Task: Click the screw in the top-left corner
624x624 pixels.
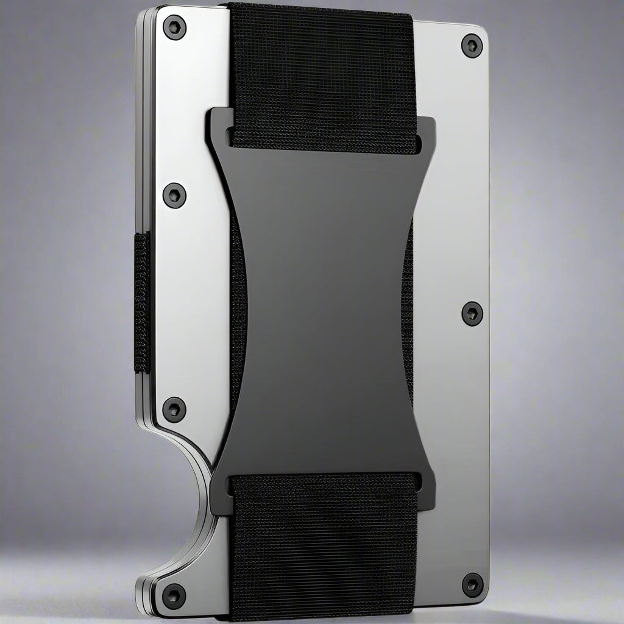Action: click(x=174, y=27)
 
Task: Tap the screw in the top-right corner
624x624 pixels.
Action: click(x=472, y=46)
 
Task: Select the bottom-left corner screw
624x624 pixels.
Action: click(x=174, y=595)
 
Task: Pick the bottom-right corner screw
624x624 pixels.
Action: click(x=472, y=585)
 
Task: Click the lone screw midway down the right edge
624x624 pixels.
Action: click(x=472, y=313)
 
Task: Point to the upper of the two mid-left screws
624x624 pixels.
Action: click(x=174, y=195)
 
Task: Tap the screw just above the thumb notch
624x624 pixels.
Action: click(x=174, y=409)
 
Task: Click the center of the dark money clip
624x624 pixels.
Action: click(x=323, y=305)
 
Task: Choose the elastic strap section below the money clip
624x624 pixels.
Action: click(x=323, y=548)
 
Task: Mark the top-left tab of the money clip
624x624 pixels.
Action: click(x=218, y=125)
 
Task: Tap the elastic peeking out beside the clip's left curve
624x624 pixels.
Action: click(x=238, y=305)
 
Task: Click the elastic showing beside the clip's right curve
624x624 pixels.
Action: click(x=409, y=305)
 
